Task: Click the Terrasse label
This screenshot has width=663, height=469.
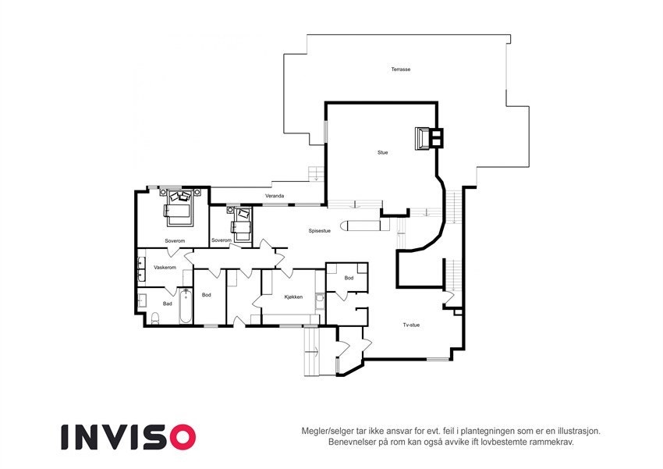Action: (401, 69)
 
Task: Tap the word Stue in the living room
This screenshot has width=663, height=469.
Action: (382, 152)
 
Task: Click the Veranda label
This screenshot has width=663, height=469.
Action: (274, 196)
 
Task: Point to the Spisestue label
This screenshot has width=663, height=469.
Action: (320, 230)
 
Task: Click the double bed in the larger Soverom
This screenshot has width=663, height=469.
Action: (179, 207)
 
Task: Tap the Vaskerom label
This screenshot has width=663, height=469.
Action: (165, 267)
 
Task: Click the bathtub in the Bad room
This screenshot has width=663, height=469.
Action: (185, 307)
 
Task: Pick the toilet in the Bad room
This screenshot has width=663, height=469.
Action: (154, 318)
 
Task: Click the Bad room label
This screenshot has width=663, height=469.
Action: (167, 304)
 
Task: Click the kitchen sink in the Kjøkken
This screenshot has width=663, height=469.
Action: (320, 300)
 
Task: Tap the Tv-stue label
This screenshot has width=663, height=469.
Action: (411, 325)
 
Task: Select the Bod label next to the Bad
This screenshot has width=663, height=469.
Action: (207, 294)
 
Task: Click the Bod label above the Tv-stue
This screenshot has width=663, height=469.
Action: (349, 278)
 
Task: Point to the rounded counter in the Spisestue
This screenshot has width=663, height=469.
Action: (363, 226)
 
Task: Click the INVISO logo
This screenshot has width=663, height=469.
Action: (128, 437)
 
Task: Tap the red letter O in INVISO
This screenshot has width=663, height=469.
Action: (180, 437)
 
